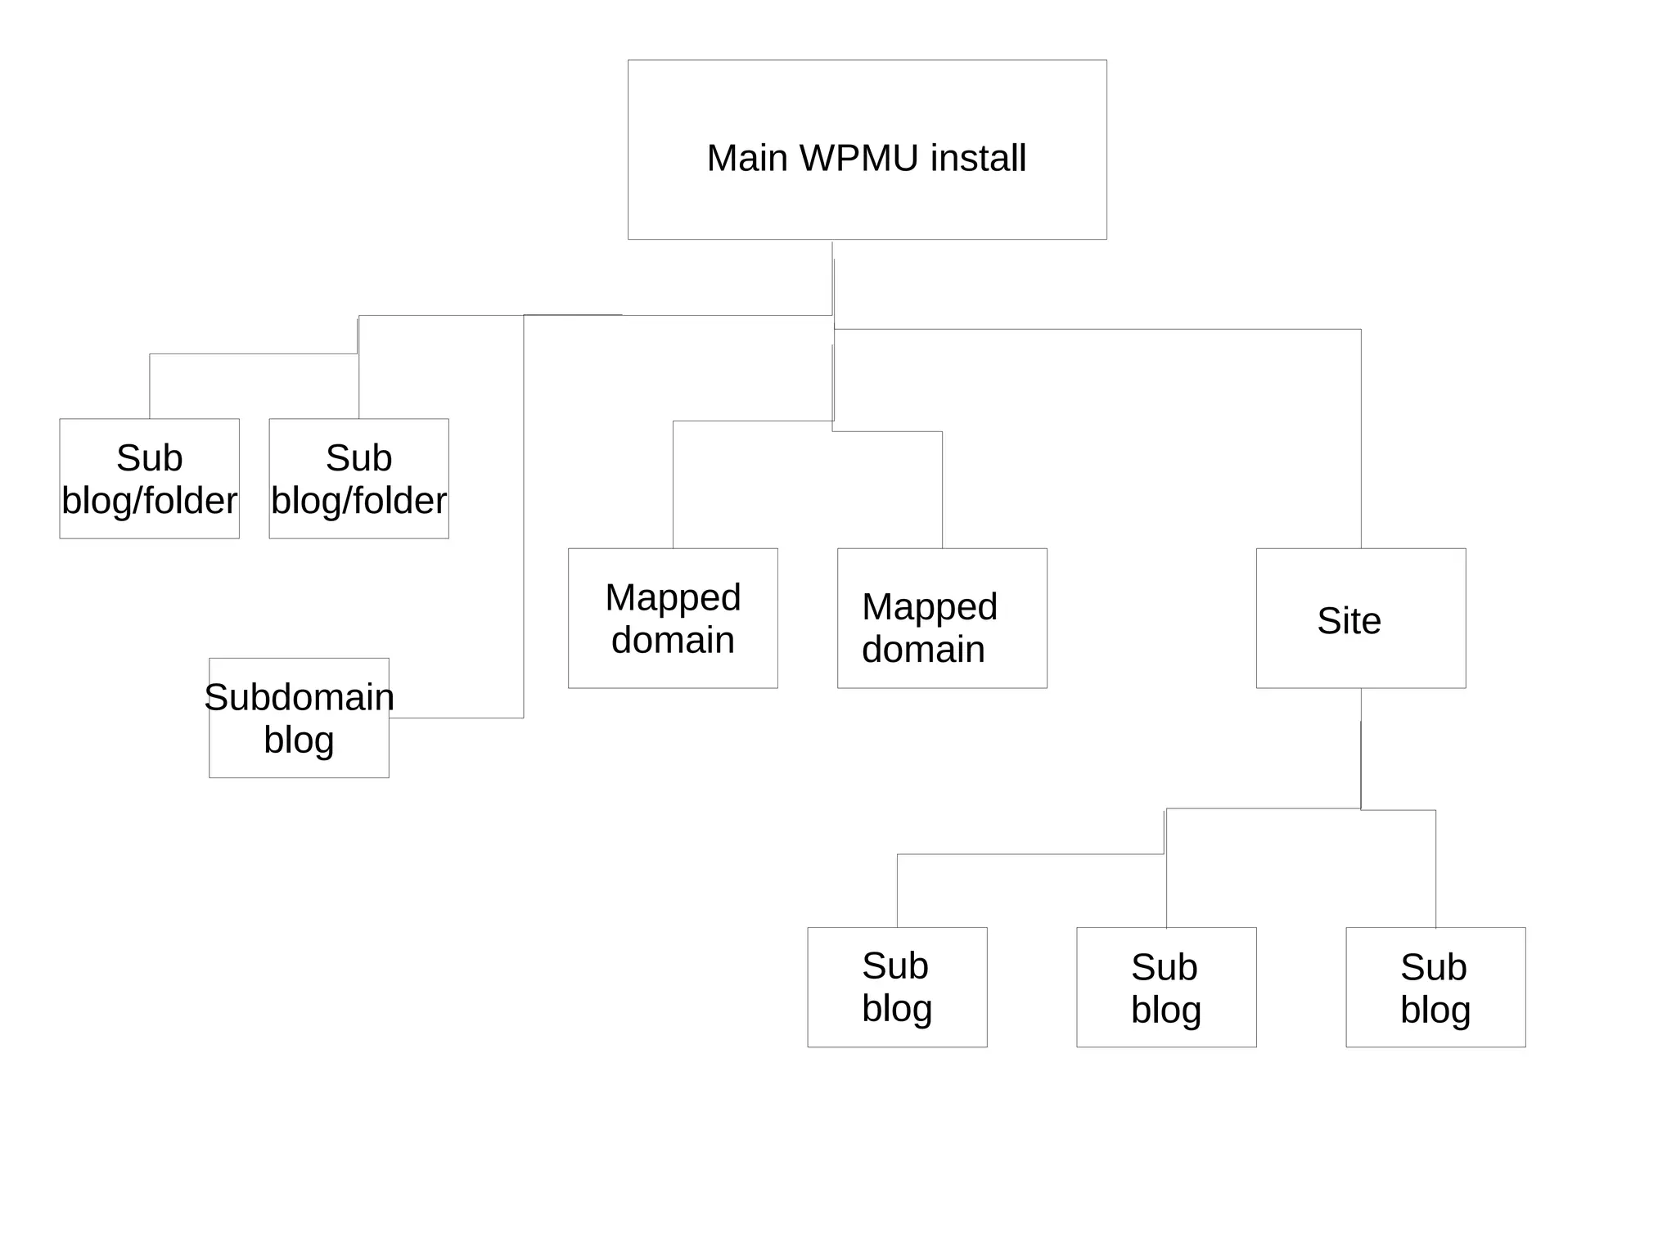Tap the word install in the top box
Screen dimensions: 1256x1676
click(977, 158)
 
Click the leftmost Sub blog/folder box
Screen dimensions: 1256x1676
click(149, 479)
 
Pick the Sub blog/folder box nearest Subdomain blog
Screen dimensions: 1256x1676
click(358, 479)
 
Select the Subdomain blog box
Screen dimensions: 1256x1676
click(299, 718)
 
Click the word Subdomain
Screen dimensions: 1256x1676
click(299, 697)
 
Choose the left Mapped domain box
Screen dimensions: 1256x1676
click(673, 618)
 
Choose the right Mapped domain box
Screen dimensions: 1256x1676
click(942, 618)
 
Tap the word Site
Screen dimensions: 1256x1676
click(1349, 620)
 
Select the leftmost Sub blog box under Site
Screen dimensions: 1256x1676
click(897, 987)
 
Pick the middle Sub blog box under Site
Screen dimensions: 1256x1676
click(1166, 987)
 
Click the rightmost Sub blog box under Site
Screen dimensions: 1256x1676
click(1435, 987)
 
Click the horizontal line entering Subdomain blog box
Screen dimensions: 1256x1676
click(456, 718)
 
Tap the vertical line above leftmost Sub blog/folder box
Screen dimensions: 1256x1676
click(150, 386)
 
